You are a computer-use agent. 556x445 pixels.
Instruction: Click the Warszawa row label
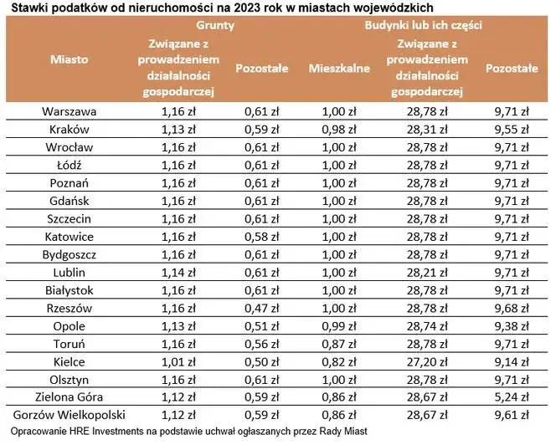[x=69, y=110]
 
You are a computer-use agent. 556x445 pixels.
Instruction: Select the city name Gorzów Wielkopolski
[x=69, y=414]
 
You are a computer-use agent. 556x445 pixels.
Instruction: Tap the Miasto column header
[x=69, y=59]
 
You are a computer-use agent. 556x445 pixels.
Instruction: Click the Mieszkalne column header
[x=339, y=69]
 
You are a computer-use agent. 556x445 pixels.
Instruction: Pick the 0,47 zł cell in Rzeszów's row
[x=261, y=308]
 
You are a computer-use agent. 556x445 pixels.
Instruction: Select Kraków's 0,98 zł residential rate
[x=339, y=129]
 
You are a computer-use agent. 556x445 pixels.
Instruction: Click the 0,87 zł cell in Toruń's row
[x=339, y=343]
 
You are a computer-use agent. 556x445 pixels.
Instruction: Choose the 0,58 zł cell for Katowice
[x=261, y=236]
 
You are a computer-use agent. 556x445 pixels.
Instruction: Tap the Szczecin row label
[x=69, y=218]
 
